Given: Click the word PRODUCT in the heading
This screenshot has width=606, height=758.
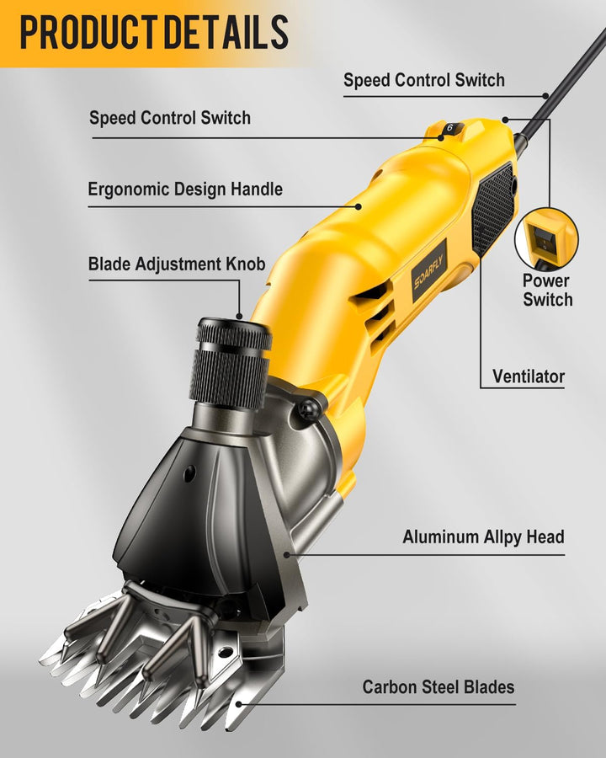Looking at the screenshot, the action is [88, 32].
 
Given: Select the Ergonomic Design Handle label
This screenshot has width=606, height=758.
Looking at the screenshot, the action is [185, 189].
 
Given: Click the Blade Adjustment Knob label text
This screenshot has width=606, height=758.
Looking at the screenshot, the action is [177, 264].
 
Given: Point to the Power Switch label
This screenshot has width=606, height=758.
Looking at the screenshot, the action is [548, 290].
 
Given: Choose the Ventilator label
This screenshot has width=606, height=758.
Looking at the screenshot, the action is [529, 376].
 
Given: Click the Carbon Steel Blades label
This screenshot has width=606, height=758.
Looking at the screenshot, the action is [439, 687].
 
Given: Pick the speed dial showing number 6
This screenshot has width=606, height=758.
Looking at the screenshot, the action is [450, 129].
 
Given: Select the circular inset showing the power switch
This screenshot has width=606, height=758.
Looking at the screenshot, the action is [546, 238].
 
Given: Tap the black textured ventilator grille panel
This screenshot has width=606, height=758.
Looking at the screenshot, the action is [493, 208].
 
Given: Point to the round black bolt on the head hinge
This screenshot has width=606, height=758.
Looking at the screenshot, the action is [306, 410].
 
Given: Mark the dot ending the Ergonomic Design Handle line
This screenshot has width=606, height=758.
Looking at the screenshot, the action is [359, 206].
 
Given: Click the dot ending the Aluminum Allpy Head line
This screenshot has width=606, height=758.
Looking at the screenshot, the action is [286, 554].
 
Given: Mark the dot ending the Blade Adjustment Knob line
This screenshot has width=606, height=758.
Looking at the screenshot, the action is [240, 317].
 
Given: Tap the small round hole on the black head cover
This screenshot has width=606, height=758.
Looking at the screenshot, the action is [189, 472].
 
